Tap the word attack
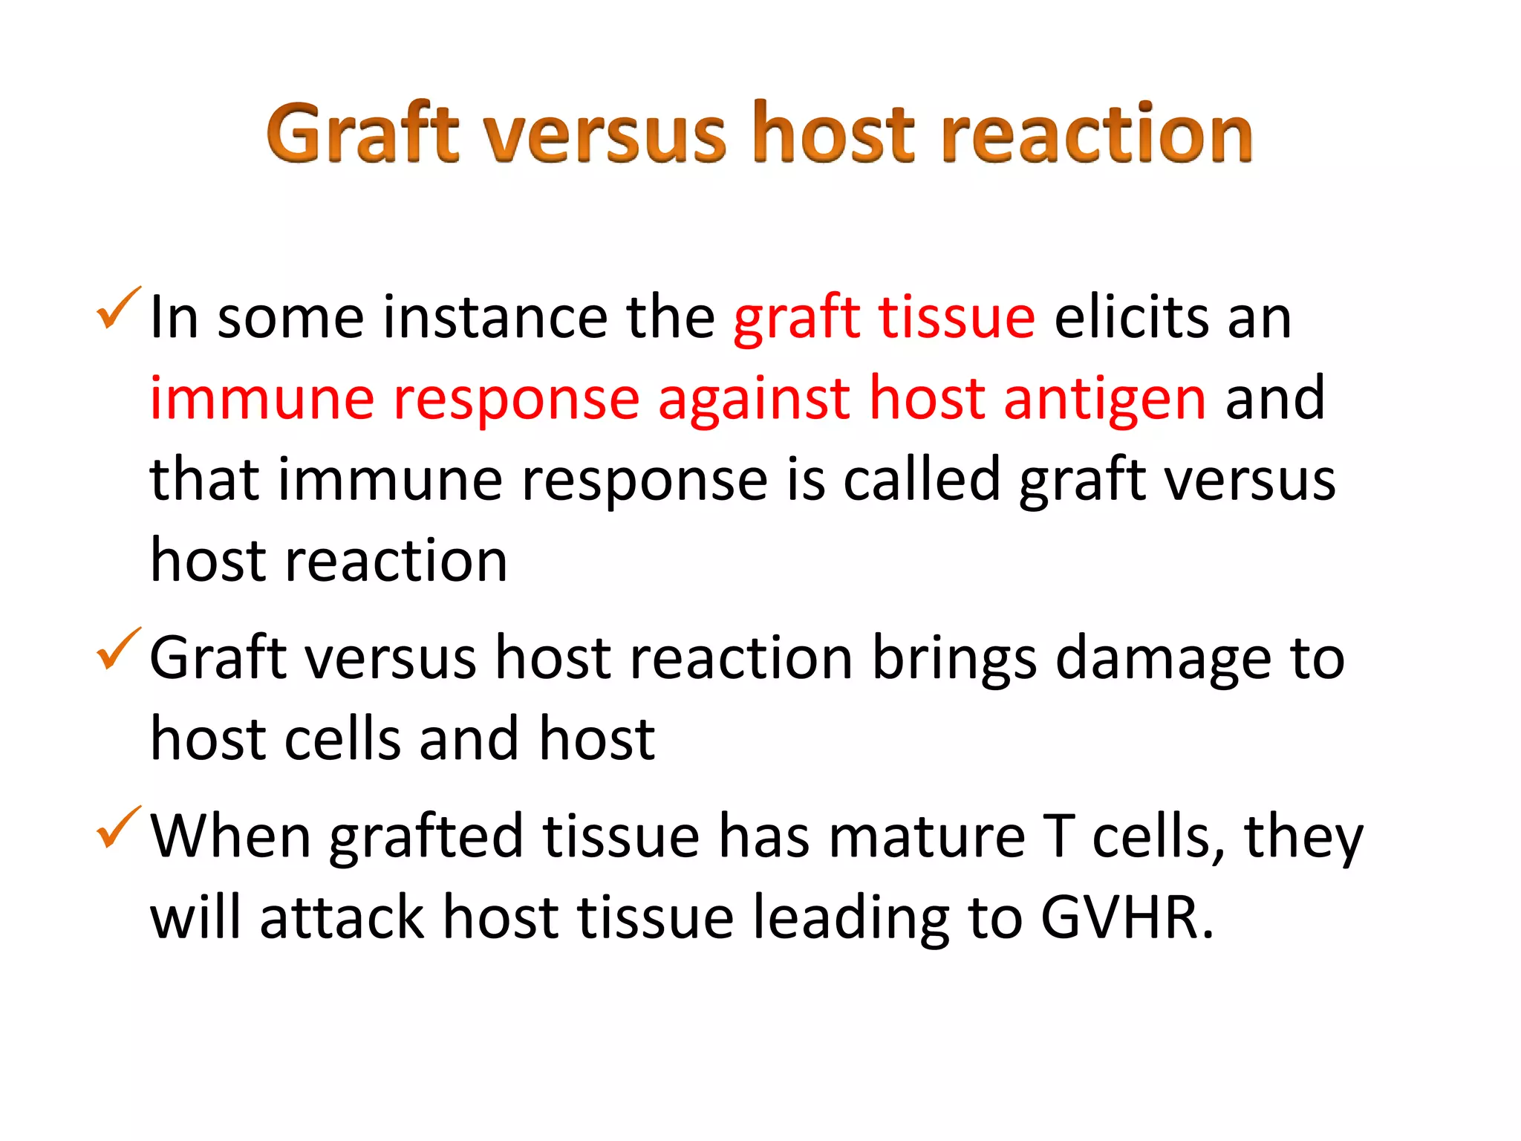[x=342, y=918]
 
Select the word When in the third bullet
[x=230, y=837]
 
